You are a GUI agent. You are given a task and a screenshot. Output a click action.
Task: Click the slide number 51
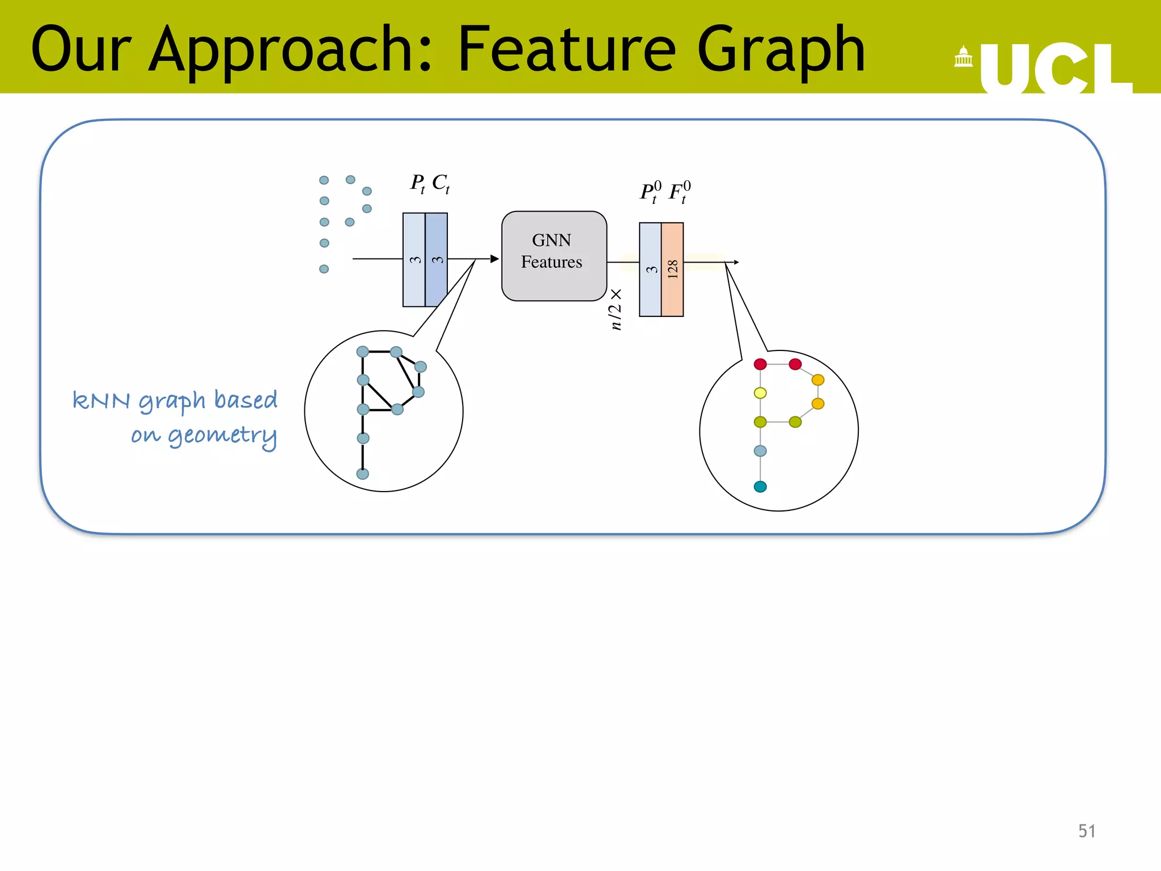(x=1086, y=831)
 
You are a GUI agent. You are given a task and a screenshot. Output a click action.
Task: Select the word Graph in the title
(x=780, y=51)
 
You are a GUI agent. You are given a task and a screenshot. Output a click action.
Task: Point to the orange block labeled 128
(x=672, y=269)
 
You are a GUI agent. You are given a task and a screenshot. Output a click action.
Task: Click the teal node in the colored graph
(x=760, y=487)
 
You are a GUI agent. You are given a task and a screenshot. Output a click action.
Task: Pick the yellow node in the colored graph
(x=760, y=393)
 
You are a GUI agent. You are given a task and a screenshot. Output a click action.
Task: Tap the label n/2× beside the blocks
(x=616, y=309)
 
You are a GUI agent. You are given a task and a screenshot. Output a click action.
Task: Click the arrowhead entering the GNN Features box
(x=494, y=259)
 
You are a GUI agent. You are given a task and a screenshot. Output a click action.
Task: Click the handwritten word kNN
(x=102, y=400)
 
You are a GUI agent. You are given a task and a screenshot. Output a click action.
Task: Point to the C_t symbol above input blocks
(x=440, y=183)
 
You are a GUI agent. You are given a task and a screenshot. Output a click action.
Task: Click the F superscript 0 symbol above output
(x=679, y=192)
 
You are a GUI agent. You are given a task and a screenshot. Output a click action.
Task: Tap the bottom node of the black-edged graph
(x=363, y=473)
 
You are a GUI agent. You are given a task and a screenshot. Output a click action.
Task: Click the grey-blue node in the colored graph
(x=760, y=451)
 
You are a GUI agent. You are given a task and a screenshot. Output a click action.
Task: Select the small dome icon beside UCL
(x=963, y=57)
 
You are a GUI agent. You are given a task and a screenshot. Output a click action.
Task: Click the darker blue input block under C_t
(x=436, y=260)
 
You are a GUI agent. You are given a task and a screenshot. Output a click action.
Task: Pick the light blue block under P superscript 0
(x=650, y=269)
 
